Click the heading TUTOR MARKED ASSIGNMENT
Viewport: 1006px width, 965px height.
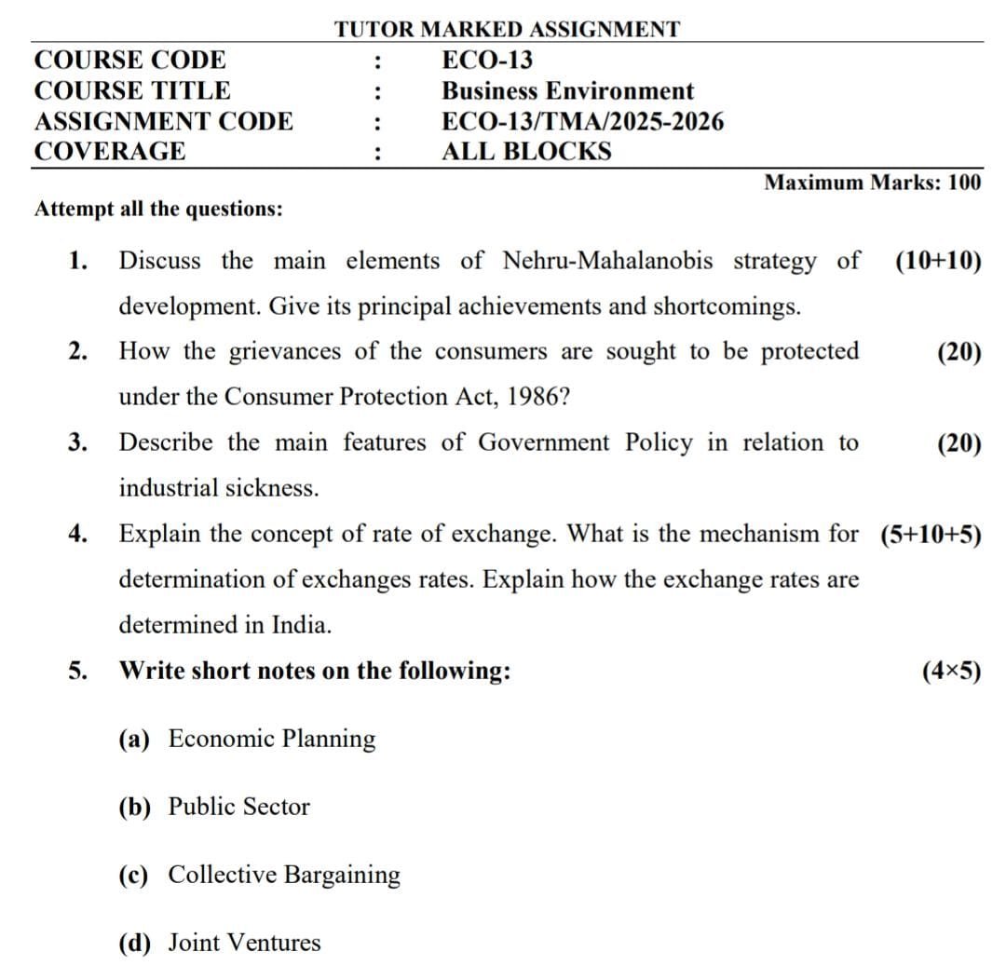pyautogui.click(x=508, y=29)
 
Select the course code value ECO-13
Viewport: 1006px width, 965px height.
pyautogui.click(x=487, y=61)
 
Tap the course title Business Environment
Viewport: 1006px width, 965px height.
pyautogui.click(x=567, y=91)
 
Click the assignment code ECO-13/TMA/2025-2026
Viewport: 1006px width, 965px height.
pyautogui.click(x=582, y=121)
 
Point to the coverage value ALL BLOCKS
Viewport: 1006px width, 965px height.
pyautogui.click(x=526, y=151)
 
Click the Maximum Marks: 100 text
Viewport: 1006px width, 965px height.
pyautogui.click(x=872, y=183)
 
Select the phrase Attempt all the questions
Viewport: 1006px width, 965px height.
pyautogui.click(x=158, y=209)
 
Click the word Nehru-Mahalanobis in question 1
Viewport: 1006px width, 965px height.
pyautogui.click(x=607, y=261)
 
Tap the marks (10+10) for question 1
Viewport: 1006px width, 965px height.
pyautogui.click(x=937, y=261)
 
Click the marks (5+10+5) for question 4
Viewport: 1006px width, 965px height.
pyautogui.click(x=930, y=535)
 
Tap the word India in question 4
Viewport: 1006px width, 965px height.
pyautogui.click(x=299, y=625)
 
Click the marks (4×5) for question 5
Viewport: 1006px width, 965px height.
pyautogui.click(x=951, y=671)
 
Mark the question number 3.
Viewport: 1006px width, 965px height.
pyautogui.click(x=77, y=442)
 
